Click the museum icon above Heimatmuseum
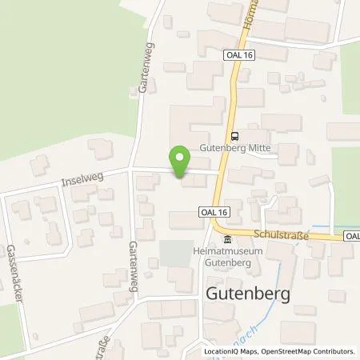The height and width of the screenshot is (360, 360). coord(228,241)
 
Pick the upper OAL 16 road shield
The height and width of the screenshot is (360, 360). coord(244,54)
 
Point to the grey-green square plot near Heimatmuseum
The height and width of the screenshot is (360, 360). coord(175,254)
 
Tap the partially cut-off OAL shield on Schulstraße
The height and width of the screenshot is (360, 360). coord(353,236)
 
